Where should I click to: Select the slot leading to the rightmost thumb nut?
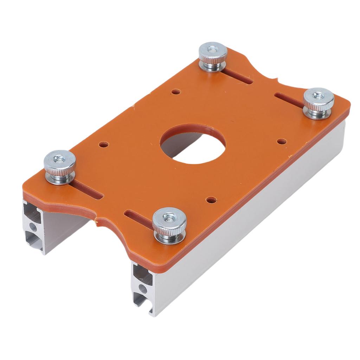pyautogui.click(x=288, y=99)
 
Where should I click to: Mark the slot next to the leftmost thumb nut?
pyautogui.click(x=88, y=190)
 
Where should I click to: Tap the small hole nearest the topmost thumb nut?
pyautogui.click(x=176, y=92)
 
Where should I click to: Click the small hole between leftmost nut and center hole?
pyautogui.click(x=103, y=144)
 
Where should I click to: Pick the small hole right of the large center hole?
pyautogui.click(x=282, y=142)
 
